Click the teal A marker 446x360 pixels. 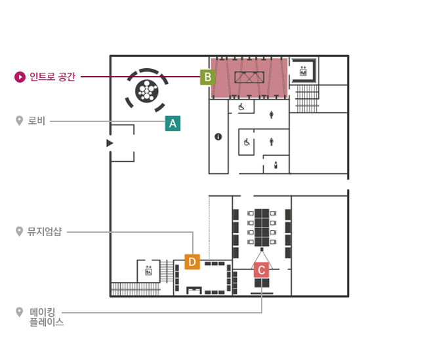pos(172,123)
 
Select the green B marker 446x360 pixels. pos(208,77)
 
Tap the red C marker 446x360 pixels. pos(262,270)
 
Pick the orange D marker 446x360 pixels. pos(192,262)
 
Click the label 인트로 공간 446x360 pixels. pos(52,77)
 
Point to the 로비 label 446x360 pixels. pos(37,121)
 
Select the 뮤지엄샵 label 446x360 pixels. pos(45,231)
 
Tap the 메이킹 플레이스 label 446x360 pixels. pos(47,317)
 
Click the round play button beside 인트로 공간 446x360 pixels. pos(20,77)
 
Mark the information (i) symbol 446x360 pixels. pos(218,137)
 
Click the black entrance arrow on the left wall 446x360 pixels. pos(110,143)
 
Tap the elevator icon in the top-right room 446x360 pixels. pos(303,71)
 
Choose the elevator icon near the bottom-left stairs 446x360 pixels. pos(148,271)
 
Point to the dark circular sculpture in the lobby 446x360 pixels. pos(146,91)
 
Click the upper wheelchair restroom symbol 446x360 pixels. pos(241,107)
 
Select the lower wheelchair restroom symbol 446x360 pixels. pos(247,142)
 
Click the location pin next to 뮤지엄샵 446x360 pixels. pos(19,231)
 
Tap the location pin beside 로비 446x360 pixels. pos(19,121)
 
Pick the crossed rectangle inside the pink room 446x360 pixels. pos(249,77)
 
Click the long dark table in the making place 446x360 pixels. pos(262,228)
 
